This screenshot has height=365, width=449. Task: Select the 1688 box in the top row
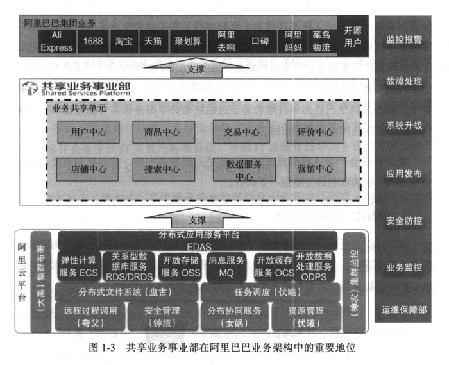(x=92, y=40)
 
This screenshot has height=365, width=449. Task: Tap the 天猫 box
(x=153, y=40)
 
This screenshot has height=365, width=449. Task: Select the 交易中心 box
(x=241, y=132)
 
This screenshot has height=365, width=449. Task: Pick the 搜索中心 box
(x=162, y=169)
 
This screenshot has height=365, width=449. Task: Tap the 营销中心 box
(x=315, y=169)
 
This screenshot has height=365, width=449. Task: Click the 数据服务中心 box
(x=241, y=169)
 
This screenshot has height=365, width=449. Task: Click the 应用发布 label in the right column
(x=404, y=174)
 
